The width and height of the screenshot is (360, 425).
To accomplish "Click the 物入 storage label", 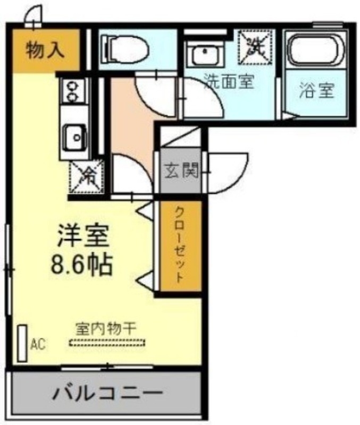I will click(45, 50).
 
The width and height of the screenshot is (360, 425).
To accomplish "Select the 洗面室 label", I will click(229, 82).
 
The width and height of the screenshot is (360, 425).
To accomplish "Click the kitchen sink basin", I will click(74, 137).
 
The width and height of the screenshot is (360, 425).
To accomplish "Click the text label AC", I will click(38, 344).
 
